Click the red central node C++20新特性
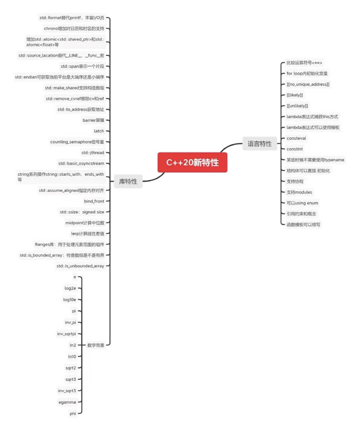click(192, 163)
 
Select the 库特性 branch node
click(128, 182)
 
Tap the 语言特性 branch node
click(260, 144)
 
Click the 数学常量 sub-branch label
click(96, 345)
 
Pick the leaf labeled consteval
click(296, 138)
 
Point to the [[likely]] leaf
click(295, 95)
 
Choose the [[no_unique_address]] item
click(308, 84)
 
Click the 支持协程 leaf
click(295, 182)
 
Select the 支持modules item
click(299, 192)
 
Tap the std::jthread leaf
click(92, 152)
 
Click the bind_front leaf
click(94, 201)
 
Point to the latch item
click(99, 131)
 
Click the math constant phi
click(73, 413)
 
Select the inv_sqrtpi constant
click(66, 334)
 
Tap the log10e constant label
click(69, 299)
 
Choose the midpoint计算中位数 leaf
click(85, 223)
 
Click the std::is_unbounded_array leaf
click(80, 266)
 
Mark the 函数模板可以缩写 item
click(303, 225)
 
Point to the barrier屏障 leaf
click(93, 120)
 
